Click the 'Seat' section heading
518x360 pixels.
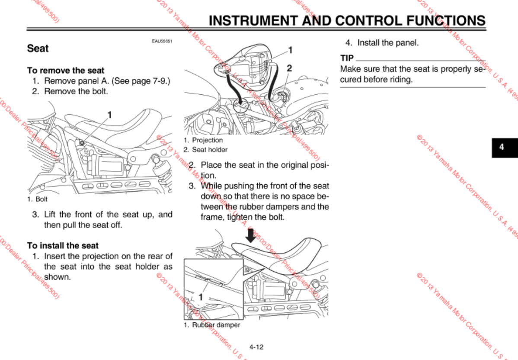click(x=38, y=48)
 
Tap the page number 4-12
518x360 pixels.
click(x=256, y=347)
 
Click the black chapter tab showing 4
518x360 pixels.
click(x=502, y=147)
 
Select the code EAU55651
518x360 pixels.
click(x=162, y=42)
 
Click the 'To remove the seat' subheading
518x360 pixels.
click(x=66, y=70)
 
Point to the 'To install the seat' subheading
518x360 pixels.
click(x=63, y=246)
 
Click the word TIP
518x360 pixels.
click(x=347, y=58)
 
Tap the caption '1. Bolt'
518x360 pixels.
click(x=37, y=199)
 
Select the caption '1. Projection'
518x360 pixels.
click(x=203, y=140)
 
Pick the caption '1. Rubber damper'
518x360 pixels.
click(x=211, y=325)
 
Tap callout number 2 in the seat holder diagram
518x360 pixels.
click(x=290, y=68)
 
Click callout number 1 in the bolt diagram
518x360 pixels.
click(x=110, y=115)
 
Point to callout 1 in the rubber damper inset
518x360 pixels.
click(x=201, y=297)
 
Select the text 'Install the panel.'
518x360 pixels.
click(x=388, y=43)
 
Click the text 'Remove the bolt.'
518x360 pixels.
click(x=76, y=91)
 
